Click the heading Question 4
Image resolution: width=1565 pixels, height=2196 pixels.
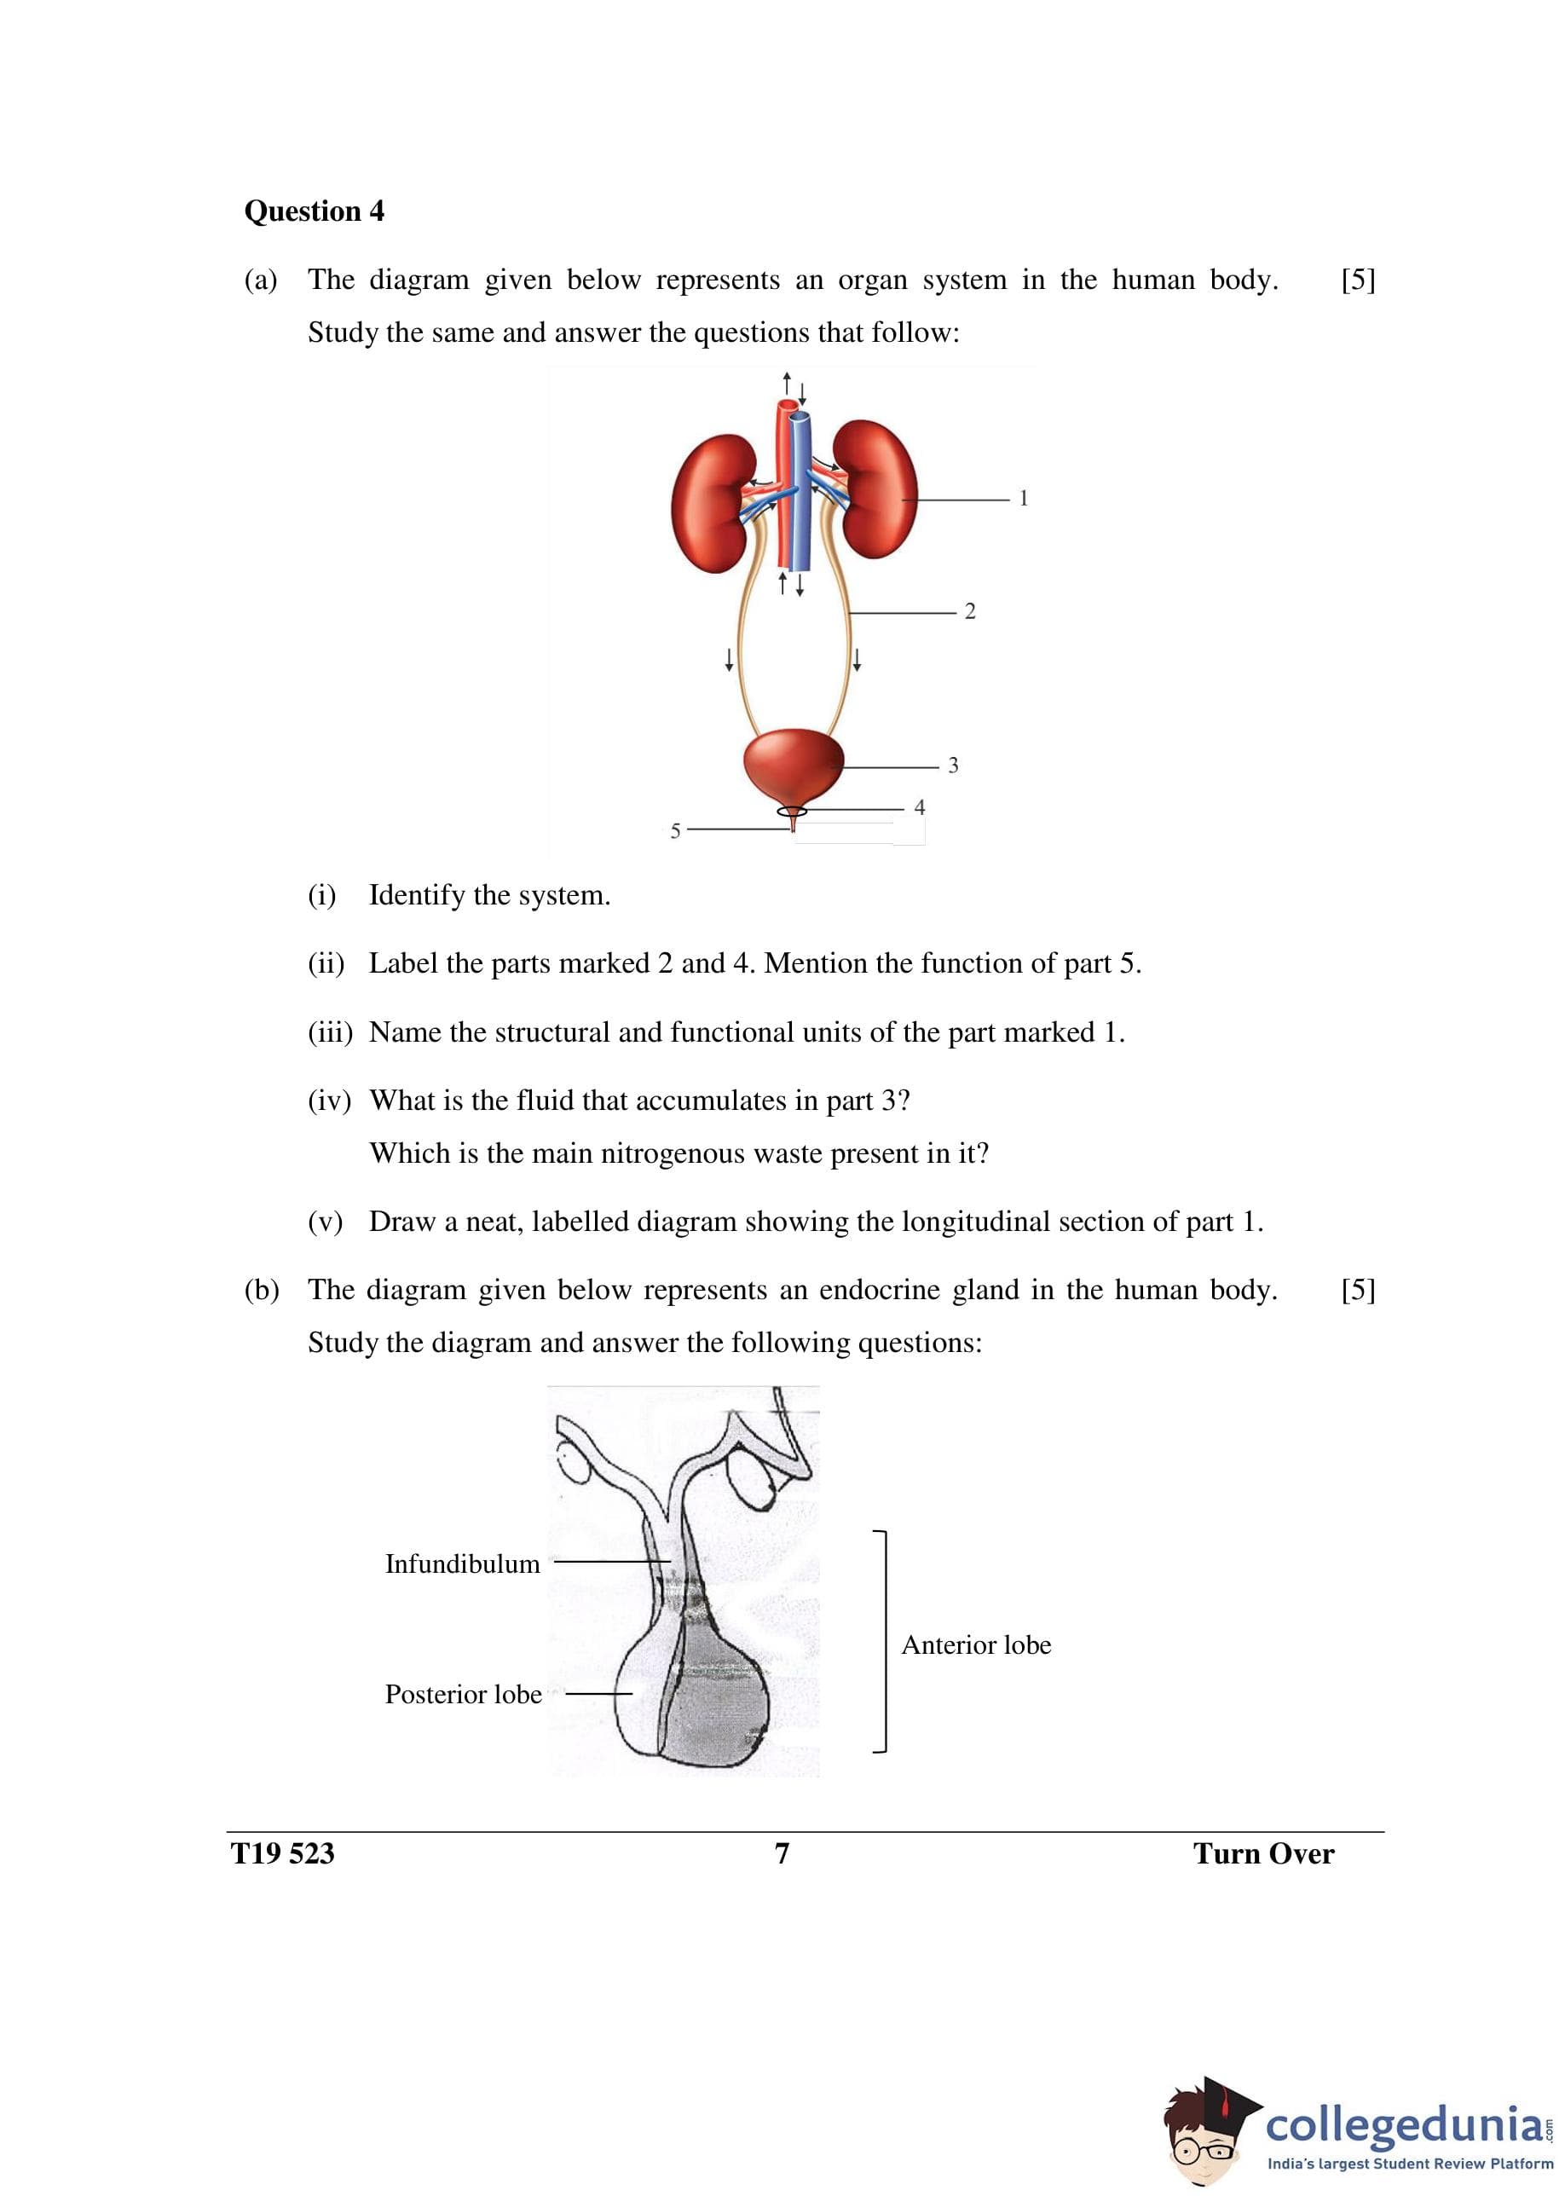click(x=315, y=211)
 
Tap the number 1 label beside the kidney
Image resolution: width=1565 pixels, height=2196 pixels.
click(x=1024, y=498)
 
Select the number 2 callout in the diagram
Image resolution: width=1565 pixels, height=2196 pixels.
click(x=969, y=611)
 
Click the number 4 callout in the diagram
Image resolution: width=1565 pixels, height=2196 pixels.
click(x=920, y=807)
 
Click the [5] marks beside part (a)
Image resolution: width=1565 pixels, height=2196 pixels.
click(x=1358, y=280)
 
